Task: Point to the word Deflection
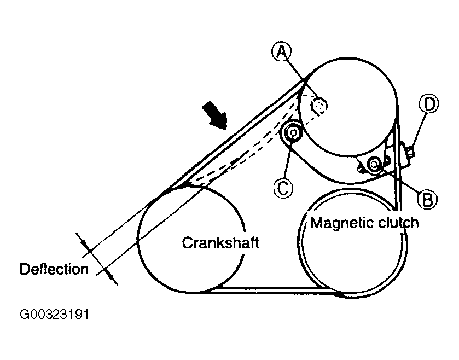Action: click(54, 269)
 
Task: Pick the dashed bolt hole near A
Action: click(319, 105)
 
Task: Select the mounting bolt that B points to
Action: click(374, 163)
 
